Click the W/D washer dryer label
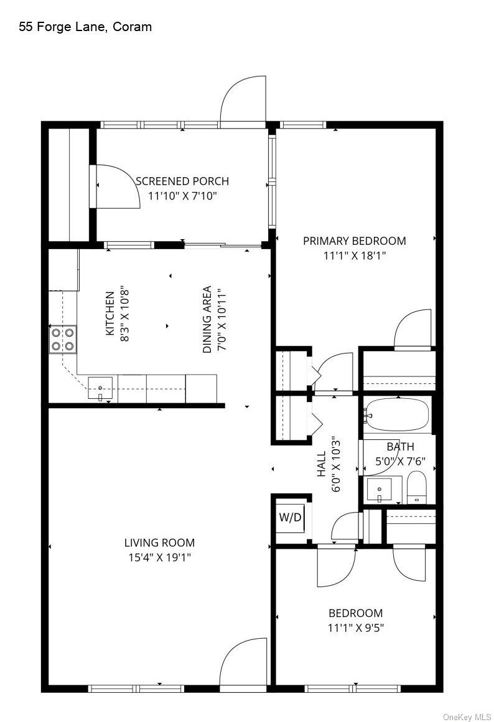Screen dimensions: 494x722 (290, 517)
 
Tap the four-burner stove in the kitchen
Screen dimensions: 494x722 (63, 339)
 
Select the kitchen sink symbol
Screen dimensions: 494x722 (100, 388)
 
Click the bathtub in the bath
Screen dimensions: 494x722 (397, 414)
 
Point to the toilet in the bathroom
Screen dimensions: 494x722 (417, 487)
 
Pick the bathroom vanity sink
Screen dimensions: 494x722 (379, 490)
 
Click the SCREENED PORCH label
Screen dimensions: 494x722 (182, 181)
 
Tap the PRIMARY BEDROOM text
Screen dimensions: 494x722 (354, 241)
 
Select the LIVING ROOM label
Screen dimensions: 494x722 (160, 543)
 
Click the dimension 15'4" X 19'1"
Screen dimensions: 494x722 (160, 557)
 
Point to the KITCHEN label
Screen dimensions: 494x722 (110, 314)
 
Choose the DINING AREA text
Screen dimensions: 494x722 (207, 319)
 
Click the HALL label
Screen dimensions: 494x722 (322, 464)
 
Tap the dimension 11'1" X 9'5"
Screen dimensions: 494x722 (356, 628)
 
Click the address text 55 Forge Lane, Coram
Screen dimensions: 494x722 (85, 27)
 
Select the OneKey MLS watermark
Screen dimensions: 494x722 (467, 718)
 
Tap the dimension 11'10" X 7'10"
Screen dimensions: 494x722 (182, 196)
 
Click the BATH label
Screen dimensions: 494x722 (400, 447)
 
